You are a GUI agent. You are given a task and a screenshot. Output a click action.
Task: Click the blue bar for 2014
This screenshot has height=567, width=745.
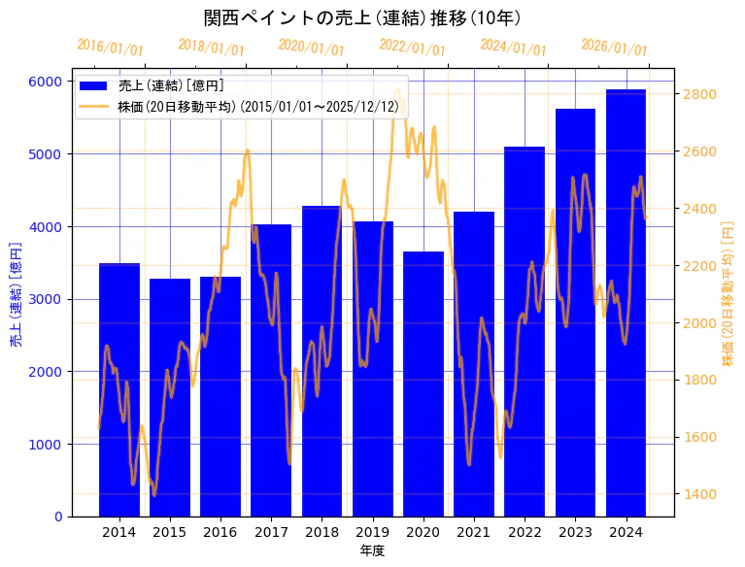119,388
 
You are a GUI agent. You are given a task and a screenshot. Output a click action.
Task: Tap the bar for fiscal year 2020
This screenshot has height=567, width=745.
423,384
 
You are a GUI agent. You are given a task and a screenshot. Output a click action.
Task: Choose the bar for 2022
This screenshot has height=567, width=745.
525,331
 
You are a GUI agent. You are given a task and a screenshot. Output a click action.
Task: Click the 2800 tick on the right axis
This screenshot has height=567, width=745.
700,94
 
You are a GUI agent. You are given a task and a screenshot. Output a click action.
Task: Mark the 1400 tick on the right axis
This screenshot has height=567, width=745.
700,494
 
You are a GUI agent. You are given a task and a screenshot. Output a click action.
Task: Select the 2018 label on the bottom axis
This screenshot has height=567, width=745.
322,532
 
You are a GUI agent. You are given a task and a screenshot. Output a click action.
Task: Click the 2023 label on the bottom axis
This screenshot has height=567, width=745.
575,532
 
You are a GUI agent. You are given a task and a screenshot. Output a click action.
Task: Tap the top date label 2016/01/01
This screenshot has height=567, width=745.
110,48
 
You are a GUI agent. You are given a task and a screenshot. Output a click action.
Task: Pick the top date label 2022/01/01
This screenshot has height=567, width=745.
412,48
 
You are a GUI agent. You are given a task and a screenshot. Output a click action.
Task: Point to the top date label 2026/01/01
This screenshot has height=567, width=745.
614,48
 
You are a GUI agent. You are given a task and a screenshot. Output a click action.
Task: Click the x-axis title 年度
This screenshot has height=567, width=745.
372,550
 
